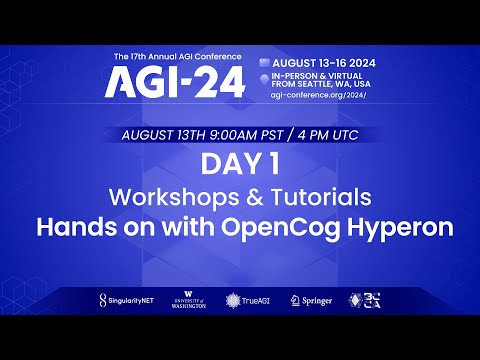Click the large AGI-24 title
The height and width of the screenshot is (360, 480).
tap(174, 84)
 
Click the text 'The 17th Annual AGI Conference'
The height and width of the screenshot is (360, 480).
tap(174, 55)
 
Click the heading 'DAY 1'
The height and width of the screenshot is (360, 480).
tap(239, 163)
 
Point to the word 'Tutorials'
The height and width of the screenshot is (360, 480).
tap(326, 194)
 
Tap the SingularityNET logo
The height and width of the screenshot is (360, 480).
tap(130, 300)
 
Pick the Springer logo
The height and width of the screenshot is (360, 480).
tap(310, 300)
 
